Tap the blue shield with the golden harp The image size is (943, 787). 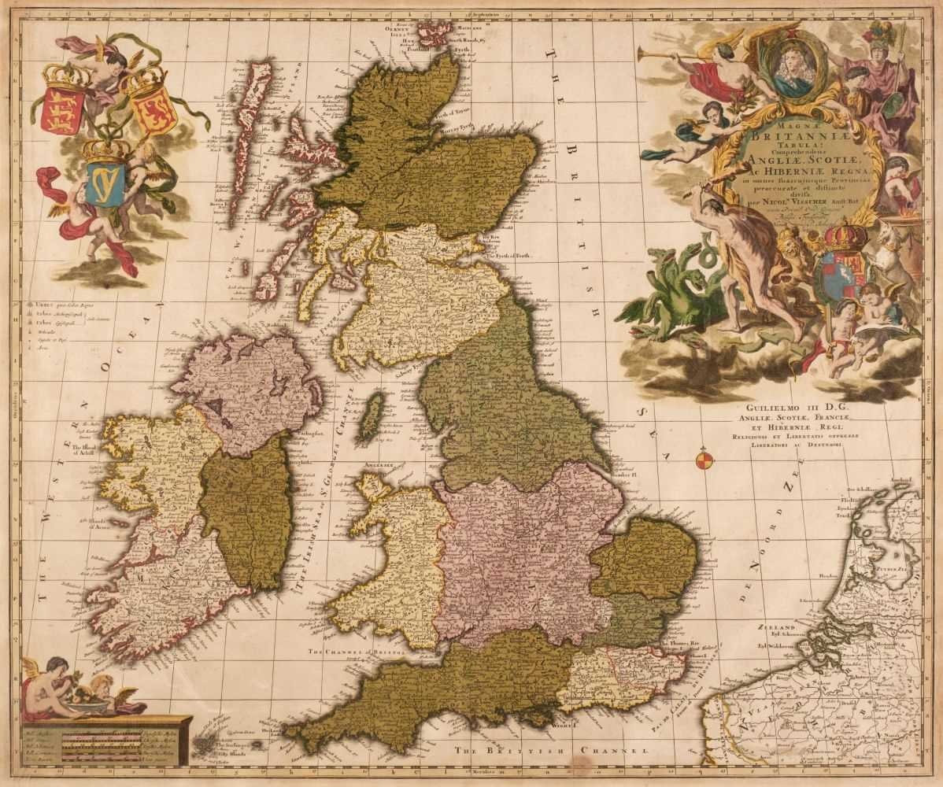click(105, 184)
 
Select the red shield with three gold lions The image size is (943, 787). click(63, 110)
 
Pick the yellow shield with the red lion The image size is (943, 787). click(152, 111)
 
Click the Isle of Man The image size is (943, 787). click(372, 416)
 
